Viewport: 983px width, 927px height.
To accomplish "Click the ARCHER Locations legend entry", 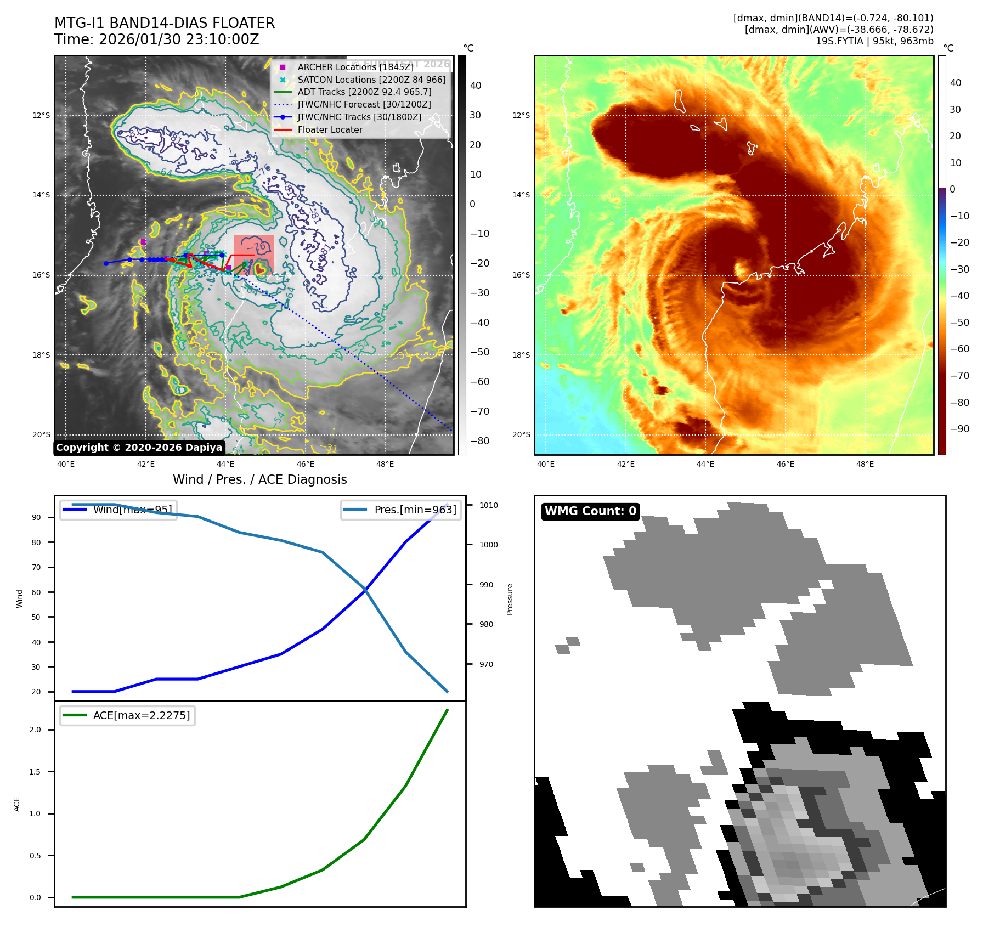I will click(355, 67).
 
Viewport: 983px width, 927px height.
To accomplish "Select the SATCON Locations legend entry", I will click(371, 80).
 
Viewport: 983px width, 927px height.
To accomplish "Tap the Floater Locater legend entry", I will click(330, 130).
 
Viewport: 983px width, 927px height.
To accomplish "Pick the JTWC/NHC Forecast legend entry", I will click(364, 104).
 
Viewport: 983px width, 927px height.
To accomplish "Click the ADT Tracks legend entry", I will click(364, 92).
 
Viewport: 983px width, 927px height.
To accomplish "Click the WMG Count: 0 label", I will click(590, 511).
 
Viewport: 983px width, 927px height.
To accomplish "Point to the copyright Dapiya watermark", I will click(139, 448).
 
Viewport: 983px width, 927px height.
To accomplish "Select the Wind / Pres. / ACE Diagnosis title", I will click(260, 479).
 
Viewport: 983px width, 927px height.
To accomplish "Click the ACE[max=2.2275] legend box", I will click(128, 715).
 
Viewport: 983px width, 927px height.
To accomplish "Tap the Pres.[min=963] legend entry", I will click(401, 510).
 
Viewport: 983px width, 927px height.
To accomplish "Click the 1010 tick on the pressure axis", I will click(488, 505).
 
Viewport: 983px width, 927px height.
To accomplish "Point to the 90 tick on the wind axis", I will click(36, 517).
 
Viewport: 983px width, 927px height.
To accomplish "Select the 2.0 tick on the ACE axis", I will click(35, 730).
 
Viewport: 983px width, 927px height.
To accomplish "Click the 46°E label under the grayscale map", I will click(305, 464).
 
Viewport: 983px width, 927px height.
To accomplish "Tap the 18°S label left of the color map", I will click(521, 355).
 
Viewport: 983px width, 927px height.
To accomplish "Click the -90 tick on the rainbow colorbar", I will click(959, 429).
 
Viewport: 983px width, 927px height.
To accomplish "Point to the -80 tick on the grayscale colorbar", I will click(479, 441).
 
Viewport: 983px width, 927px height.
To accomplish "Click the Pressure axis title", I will click(510, 599).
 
